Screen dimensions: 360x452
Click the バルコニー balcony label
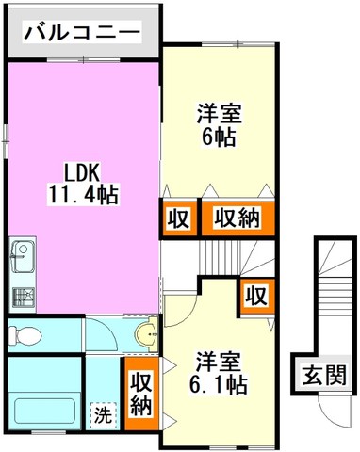click(82, 32)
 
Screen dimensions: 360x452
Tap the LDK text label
click(82, 172)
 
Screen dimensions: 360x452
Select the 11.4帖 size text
click(83, 195)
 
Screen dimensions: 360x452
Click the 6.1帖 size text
click(218, 384)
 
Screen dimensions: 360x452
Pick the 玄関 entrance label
click(324, 375)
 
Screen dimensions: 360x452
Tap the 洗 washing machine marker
click(104, 415)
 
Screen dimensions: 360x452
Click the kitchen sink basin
click(24, 256)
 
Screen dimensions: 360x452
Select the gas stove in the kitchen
click(24, 298)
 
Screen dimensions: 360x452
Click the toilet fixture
click(25, 336)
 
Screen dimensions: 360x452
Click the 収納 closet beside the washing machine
click(141, 394)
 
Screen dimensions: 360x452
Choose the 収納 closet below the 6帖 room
click(237, 218)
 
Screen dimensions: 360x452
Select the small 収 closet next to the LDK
click(178, 218)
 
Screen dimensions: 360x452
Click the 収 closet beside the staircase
click(257, 296)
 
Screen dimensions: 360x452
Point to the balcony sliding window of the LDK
click(84, 59)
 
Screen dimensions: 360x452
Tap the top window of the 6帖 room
click(238, 44)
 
